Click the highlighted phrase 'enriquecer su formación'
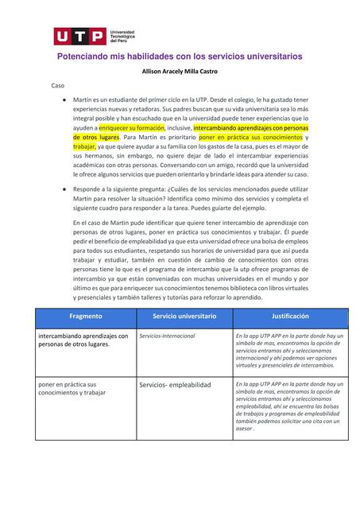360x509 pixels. pyautogui.click(x=131, y=127)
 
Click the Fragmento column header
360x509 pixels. pyautogui.click(x=85, y=316)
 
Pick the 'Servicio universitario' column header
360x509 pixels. pyautogui.click(x=184, y=316)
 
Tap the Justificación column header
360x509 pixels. pyautogui.click(x=289, y=316)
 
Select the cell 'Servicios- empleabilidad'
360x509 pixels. pyautogui.click(x=175, y=385)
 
